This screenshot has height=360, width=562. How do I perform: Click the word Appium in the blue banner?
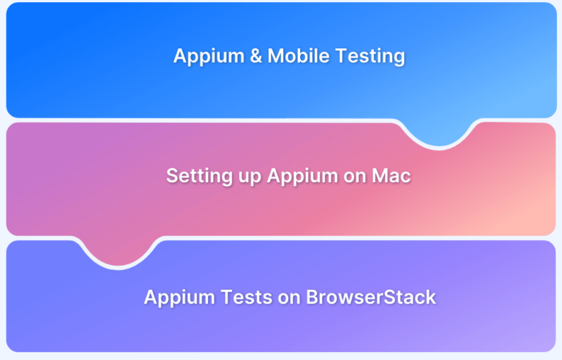pos(209,56)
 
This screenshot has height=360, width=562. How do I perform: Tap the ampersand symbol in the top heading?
pos(256,56)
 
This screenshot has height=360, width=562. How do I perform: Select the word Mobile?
pos(299,56)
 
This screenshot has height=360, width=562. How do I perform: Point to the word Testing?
pos(370,57)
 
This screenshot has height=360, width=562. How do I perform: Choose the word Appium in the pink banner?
pos(302,176)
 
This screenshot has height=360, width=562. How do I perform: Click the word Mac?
pos(391,176)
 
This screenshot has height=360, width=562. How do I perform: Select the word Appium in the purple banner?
pos(179,298)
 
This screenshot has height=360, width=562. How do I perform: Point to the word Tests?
pos(246,297)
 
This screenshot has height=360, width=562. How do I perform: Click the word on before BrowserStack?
pos(289,299)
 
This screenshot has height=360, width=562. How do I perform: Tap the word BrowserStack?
pos(371,297)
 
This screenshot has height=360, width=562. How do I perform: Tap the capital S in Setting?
pos(173,176)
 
